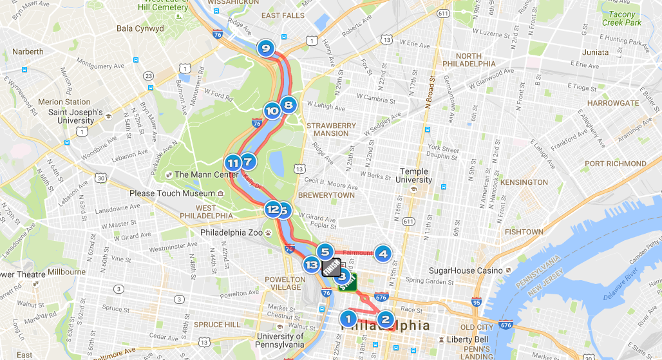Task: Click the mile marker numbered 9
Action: [265, 48]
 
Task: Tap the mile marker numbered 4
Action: [383, 254]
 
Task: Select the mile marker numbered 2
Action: [385, 318]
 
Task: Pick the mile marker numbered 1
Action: [348, 318]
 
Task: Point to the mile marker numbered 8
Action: [288, 104]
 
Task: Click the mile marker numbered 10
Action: [272, 111]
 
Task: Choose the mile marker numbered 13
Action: [312, 264]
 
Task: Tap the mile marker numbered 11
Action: [232, 163]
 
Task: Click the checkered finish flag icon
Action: [331, 267]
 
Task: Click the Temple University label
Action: [414, 175]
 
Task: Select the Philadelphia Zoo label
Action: [232, 232]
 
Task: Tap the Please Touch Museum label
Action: [172, 193]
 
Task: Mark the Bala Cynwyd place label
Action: [140, 29]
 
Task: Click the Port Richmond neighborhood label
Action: [614, 164]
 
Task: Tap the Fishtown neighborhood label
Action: [524, 232]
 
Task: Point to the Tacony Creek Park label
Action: [622, 18]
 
